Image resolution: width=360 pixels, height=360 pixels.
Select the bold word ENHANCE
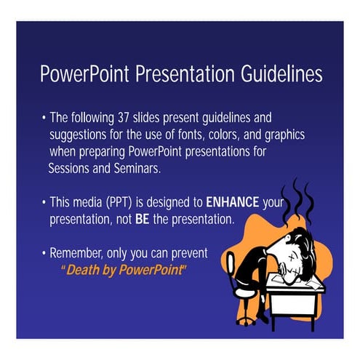[233, 202]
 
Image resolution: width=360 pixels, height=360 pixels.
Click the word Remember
[79, 253]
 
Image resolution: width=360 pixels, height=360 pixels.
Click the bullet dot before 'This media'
[44, 202]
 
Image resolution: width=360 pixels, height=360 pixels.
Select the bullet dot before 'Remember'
[44, 253]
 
